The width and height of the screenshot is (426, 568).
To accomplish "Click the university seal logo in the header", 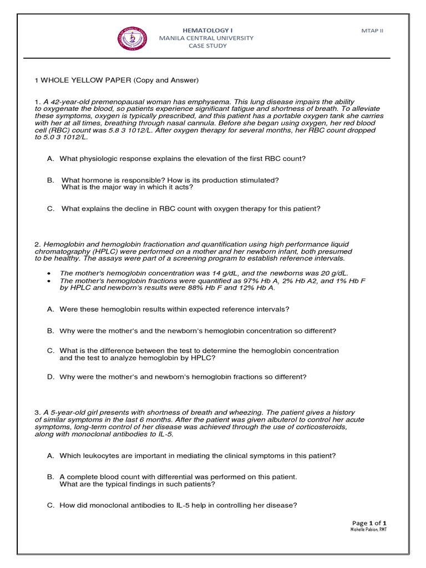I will (x=133, y=38).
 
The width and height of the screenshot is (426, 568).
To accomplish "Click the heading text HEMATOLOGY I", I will (x=206, y=30).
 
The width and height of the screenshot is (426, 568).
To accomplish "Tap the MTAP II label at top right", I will (x=372, y=31).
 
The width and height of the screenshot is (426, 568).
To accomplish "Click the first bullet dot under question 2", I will (x=50, y=273).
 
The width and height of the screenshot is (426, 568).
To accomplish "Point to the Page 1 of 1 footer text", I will (x=369, y=523).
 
